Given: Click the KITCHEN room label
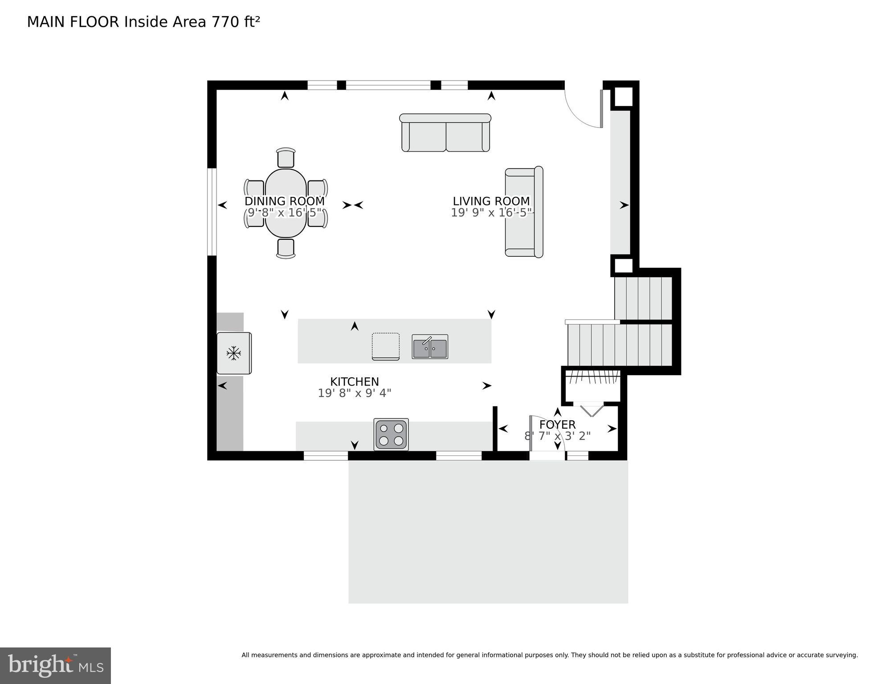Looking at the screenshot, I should click(x=354, y=381).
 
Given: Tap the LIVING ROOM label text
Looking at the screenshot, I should click(x=491, y=201).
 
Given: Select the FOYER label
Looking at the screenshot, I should click(x=557, y=424).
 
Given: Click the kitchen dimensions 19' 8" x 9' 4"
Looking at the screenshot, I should click(x=354, y=393).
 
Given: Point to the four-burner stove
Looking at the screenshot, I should click(x=391, y=434).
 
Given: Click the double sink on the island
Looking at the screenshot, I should click(x=429, y=347).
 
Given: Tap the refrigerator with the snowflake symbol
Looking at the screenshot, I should click(x=234, y=353).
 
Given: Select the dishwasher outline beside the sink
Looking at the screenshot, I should click(x=385, y=346).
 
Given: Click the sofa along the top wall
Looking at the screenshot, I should click(x=445, y=133).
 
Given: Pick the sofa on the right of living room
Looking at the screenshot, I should click(x=524, y=212).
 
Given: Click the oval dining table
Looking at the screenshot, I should click(x=285, y=203).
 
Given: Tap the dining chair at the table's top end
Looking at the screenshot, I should click(x=285, y=157).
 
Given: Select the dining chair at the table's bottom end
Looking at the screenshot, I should click(x=285, y=249).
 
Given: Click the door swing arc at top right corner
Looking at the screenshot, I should click(x=581, y=109).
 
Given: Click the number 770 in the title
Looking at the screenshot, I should click(x=225, y=22).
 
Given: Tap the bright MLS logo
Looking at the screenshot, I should click(x=55, y=666).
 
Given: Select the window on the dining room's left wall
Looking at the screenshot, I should click(x=212, y=212).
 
